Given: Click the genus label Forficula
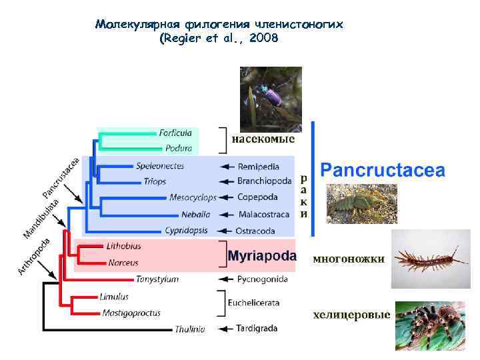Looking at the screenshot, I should [x=175, y=133].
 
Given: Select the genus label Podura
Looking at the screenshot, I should [x=179, y=148].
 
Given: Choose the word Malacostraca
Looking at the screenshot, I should [x=263, y=215].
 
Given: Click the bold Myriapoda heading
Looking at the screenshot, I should [x=263, y=255].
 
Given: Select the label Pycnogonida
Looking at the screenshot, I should [x=263, y=279].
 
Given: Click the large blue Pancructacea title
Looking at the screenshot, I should [x=383, y=170].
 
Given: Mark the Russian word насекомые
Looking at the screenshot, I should [x=263, y=140].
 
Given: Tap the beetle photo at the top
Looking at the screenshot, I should [x=271, y=98].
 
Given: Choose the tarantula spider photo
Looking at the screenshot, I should [x=430, y=325].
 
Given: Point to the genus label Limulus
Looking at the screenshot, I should [x=113, y=295].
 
